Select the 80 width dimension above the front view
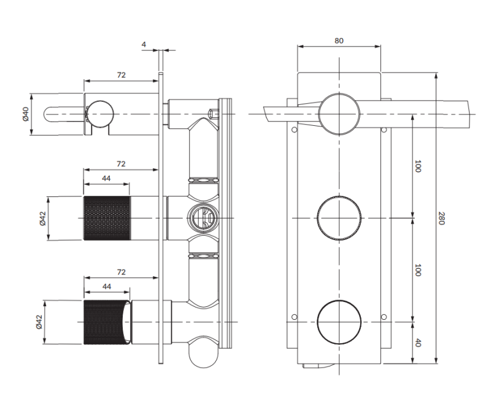[x=339, y=41]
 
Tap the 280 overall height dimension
[x=441, y=218]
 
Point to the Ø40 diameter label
[x=26, y=114]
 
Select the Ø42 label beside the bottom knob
[x=41, y=322]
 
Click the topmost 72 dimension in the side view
[x=121, y=75]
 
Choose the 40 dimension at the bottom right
[x=418, y=343]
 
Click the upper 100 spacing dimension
[x=418, y=166]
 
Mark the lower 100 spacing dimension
[x=418, y=270]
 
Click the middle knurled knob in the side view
[x=106, y=218]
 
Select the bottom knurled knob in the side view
[x=106, y=322]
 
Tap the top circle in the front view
[x=339, y=114]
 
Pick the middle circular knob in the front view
[x=339, y=217]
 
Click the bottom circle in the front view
[x=339, y=322]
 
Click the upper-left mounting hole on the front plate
[x=295, y=130]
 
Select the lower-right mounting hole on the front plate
[x=384, y=317]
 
